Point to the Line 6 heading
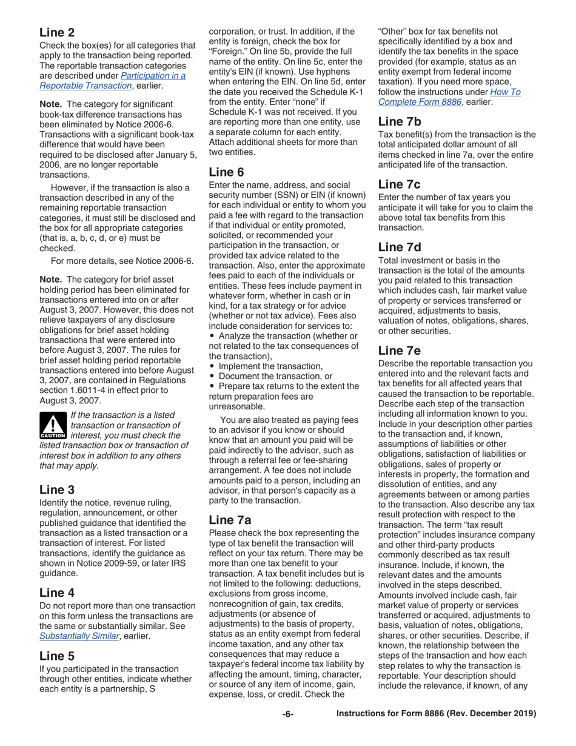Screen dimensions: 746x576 click(x=226, y=172)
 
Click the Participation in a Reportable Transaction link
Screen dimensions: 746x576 click(x=112, y=81)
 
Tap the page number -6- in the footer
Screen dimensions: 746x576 click(x=287, y=714)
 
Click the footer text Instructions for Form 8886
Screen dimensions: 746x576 click(x=436, y=714)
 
